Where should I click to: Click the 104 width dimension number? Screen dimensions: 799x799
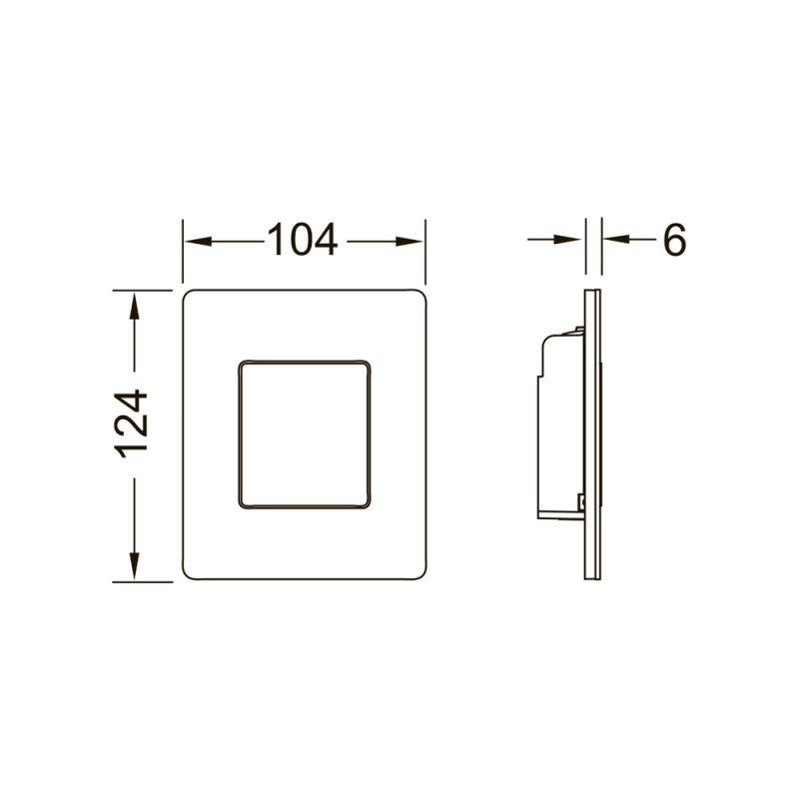(x=303, y=240)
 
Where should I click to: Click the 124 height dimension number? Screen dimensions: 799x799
(x=131, y=423)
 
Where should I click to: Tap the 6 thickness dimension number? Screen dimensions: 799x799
(x=675, y=240)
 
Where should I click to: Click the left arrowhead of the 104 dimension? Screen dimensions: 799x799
(x=198, y=242)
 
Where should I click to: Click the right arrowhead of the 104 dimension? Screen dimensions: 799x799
(x=409, y=242)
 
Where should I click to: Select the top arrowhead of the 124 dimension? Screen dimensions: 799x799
(x=135, y=306)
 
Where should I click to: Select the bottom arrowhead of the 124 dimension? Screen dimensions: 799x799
(x=135, y=566)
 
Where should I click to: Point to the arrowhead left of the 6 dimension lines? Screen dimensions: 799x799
(x=567, y=239)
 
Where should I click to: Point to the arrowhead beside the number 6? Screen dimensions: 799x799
(x=616, y=239)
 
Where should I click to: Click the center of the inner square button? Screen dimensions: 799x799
(x=305, y=434)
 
